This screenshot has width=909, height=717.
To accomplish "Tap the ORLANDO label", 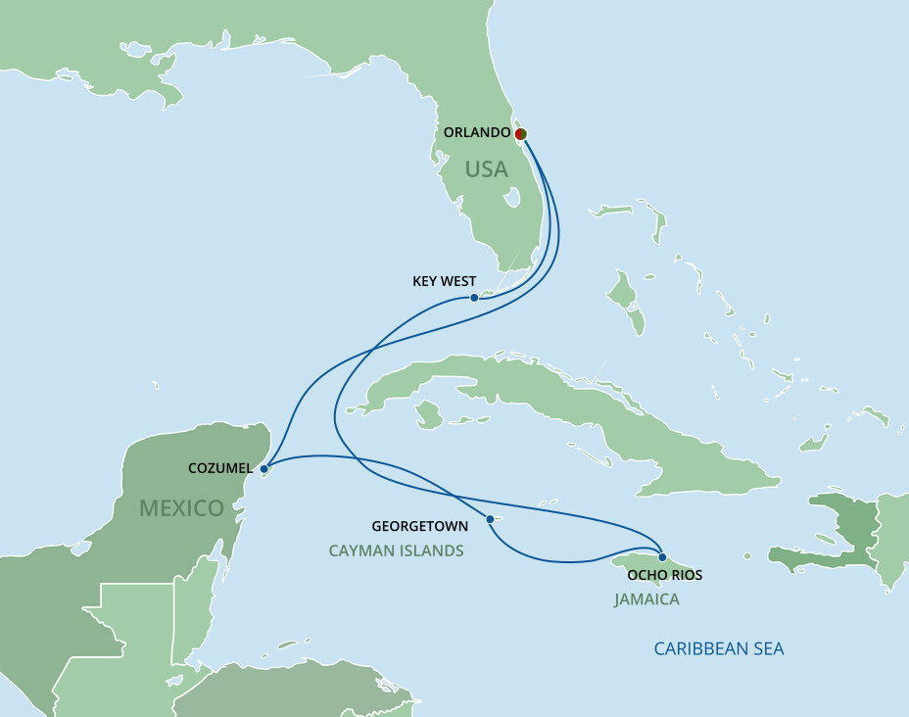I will coord(477,132).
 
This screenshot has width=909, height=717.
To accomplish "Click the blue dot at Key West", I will coord(474,297).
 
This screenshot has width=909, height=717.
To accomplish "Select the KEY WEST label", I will coord(444,281).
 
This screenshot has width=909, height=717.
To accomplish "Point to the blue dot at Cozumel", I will coord(264,469).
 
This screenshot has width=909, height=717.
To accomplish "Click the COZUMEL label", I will coord(219,468).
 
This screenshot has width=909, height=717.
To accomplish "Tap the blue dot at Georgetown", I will coord(489,519).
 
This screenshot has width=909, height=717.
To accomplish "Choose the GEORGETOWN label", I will coord(419,526).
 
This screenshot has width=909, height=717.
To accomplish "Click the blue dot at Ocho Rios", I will coord(662,557).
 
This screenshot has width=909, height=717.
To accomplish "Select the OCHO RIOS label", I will coord(665,575).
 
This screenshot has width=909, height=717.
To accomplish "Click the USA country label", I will coord(486,169).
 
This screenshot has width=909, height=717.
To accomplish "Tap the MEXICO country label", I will coord(181,507).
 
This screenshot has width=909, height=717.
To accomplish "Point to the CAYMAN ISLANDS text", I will coord(396,551).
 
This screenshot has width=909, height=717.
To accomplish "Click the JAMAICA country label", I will coord(646,599).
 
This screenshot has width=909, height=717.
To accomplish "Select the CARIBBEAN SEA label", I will coord(719,648).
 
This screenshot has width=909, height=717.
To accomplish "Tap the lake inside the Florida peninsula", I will coord(510,198).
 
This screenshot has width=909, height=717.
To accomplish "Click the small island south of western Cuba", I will coord(428,415).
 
